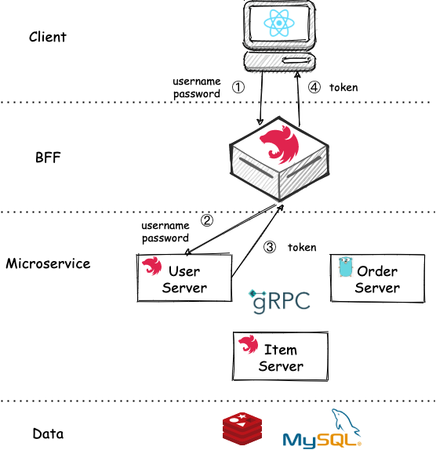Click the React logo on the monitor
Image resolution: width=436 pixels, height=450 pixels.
(279, 23)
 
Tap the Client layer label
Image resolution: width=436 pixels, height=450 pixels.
(48, 37)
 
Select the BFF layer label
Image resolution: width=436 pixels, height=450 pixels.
(48, 158)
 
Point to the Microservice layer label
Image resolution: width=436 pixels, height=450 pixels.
(48, 263)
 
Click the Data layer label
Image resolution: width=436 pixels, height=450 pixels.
(48, 434)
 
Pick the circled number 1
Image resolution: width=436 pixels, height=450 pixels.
(238, 87)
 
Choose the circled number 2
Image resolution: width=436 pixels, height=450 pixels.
(207, 220)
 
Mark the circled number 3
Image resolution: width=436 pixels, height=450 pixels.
(270, 247)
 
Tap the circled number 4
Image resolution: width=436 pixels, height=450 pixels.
(314, 87)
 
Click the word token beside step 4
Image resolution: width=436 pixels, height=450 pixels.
(343, 88)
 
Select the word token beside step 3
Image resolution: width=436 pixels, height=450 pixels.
(302, 248)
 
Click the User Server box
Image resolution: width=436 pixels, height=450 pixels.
(184, 278)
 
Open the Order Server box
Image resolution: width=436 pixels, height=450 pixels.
(377, 278)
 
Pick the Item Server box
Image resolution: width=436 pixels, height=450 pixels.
(281, 356)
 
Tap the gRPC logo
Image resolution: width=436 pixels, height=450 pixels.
(279, 301)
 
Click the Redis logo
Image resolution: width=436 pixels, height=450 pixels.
(242, 429)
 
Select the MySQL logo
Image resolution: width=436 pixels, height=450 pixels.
(322, 428)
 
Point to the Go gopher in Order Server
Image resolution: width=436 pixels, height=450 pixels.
(346, 267)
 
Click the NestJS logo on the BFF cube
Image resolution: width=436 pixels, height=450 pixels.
(279, 144)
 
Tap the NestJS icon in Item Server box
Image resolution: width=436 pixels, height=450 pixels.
(249, 344)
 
